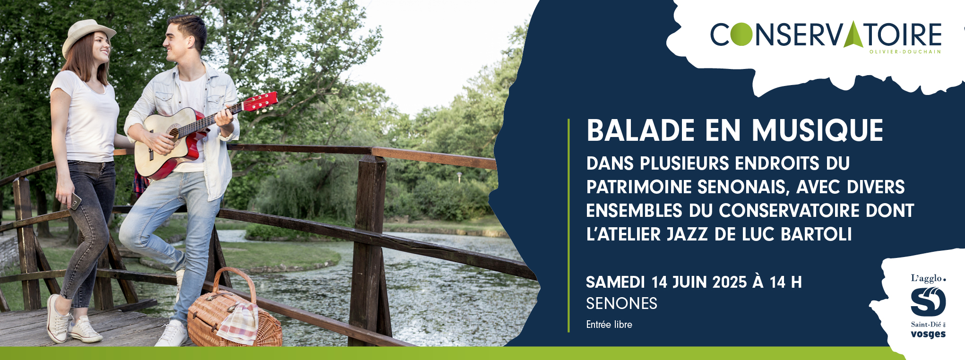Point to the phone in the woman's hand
75,201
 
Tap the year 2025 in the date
729,282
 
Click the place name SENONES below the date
621,303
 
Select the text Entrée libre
609,325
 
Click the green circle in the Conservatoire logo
742,34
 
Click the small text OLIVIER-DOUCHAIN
905,51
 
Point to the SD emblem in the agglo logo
928,301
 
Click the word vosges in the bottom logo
928,334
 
